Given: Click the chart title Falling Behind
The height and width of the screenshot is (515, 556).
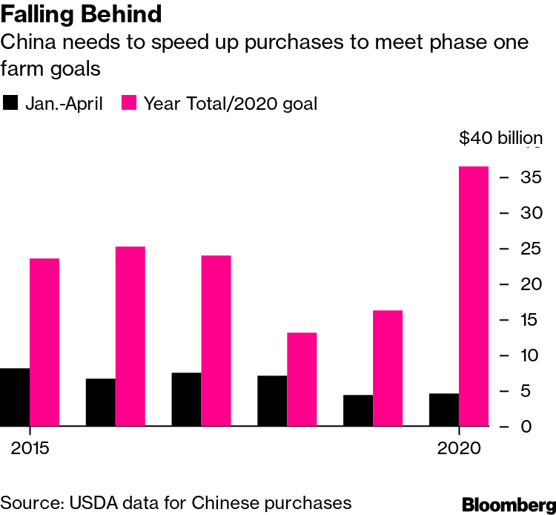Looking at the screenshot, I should click(x=82, y=15).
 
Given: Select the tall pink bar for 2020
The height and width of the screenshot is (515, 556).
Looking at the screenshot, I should click(x=474, y=297).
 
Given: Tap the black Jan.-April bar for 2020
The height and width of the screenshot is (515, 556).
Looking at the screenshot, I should click(x=444, y=410).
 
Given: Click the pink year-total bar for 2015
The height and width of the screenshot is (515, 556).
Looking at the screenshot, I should click(x=44, y=342).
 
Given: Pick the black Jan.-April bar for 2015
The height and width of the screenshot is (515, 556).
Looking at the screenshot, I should click(x=15, y=397).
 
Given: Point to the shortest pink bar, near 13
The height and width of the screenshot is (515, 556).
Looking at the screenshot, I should click(x=302, y=379).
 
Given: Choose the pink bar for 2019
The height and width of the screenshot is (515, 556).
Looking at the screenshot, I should click(x=388, y=368).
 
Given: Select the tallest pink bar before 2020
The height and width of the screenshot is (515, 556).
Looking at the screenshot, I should click(x=130, y=336).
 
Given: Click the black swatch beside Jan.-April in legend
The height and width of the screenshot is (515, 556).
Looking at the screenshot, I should click(x=11, y=103).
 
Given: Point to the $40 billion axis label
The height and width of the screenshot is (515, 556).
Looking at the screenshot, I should click(x=500, y=138).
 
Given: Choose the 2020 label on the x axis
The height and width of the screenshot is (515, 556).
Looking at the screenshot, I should click(x=459, y=448).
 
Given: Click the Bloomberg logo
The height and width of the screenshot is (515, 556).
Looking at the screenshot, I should click(x=509, y=505).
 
